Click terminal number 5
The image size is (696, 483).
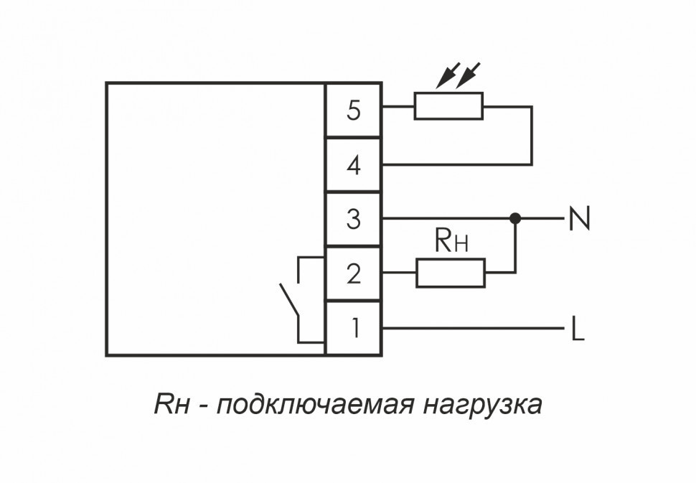click(353, 111)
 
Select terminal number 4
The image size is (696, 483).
click(353, 165)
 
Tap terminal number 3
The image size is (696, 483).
click(353, 219)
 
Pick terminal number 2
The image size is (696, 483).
click(353, 273)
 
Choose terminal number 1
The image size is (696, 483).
click(353, 328)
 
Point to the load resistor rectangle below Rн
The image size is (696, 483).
click(451, 273)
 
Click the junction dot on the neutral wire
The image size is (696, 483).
click(514, 217)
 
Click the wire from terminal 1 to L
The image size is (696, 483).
click(474, 328)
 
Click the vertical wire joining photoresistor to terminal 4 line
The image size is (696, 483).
click(532, 136)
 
